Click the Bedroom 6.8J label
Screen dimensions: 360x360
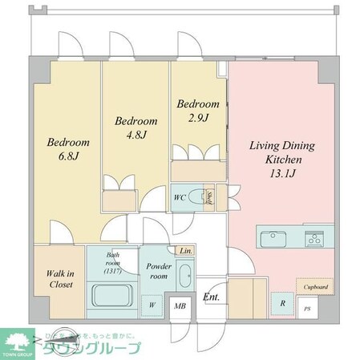pyautogui.click(x=68, y=149)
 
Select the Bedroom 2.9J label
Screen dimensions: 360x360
pyautogui.click(x=198, y=111)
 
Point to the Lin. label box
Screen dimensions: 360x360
pyautogui.click(x=184, y=251)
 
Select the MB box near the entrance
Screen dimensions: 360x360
pyautogui.click(x=181, y=306)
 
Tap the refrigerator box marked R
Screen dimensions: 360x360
pyautogui.click(x=282, y=303)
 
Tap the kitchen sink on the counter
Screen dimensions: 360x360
pyautogui.click(x=273, y=237)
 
